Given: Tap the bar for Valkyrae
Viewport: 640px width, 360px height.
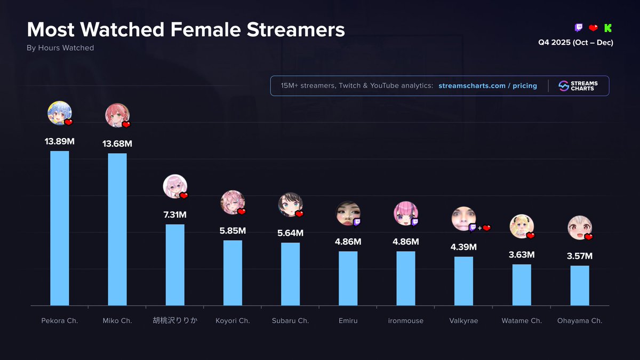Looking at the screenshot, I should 463,281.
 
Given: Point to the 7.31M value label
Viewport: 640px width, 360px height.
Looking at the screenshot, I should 175,214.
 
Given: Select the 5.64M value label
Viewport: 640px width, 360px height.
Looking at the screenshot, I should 290,233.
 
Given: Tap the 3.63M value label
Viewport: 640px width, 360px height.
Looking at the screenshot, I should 522,254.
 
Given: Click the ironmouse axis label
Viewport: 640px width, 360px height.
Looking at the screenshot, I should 406,321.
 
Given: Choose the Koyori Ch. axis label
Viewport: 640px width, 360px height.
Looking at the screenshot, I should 233,321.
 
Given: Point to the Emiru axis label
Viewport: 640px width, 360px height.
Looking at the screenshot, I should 348,321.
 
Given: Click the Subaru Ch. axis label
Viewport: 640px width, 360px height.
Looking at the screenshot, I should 290,321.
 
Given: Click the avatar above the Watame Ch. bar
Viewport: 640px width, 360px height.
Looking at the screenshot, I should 521,226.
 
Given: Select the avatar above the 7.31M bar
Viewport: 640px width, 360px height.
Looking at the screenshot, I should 174,186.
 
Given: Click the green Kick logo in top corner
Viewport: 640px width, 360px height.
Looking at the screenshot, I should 608,28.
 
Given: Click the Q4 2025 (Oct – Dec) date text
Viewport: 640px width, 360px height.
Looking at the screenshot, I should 575,43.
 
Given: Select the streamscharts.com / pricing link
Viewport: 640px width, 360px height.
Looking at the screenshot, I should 487,86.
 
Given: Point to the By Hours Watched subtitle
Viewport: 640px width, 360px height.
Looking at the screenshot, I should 60,48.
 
